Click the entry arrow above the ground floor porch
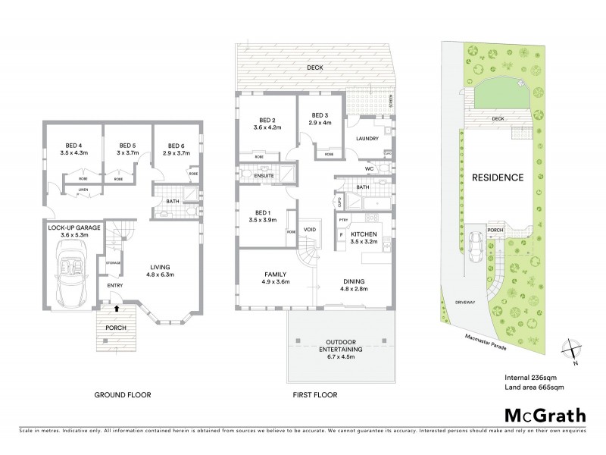(x=116, y=309)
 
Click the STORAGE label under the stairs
(x=114, y=262)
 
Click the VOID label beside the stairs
(x=310, y=229)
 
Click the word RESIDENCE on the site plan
(x=497, y=177)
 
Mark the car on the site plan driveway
(x=476, y=245)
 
